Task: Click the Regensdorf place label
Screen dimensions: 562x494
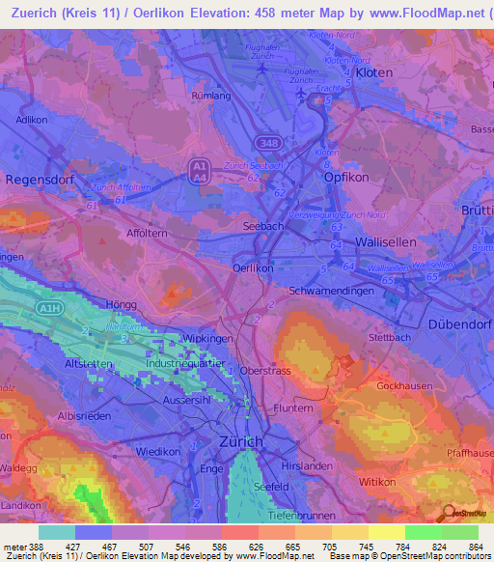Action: pos(39,179)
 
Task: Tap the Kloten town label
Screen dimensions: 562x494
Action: pos(374,72)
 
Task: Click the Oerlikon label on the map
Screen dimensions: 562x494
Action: pos(254,267)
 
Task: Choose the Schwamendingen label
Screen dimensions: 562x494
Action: pos(331,290)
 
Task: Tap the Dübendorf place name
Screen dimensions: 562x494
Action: pos(459,324)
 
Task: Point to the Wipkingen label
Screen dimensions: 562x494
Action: pos(202,339)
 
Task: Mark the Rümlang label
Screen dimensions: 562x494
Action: pos(212,96)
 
